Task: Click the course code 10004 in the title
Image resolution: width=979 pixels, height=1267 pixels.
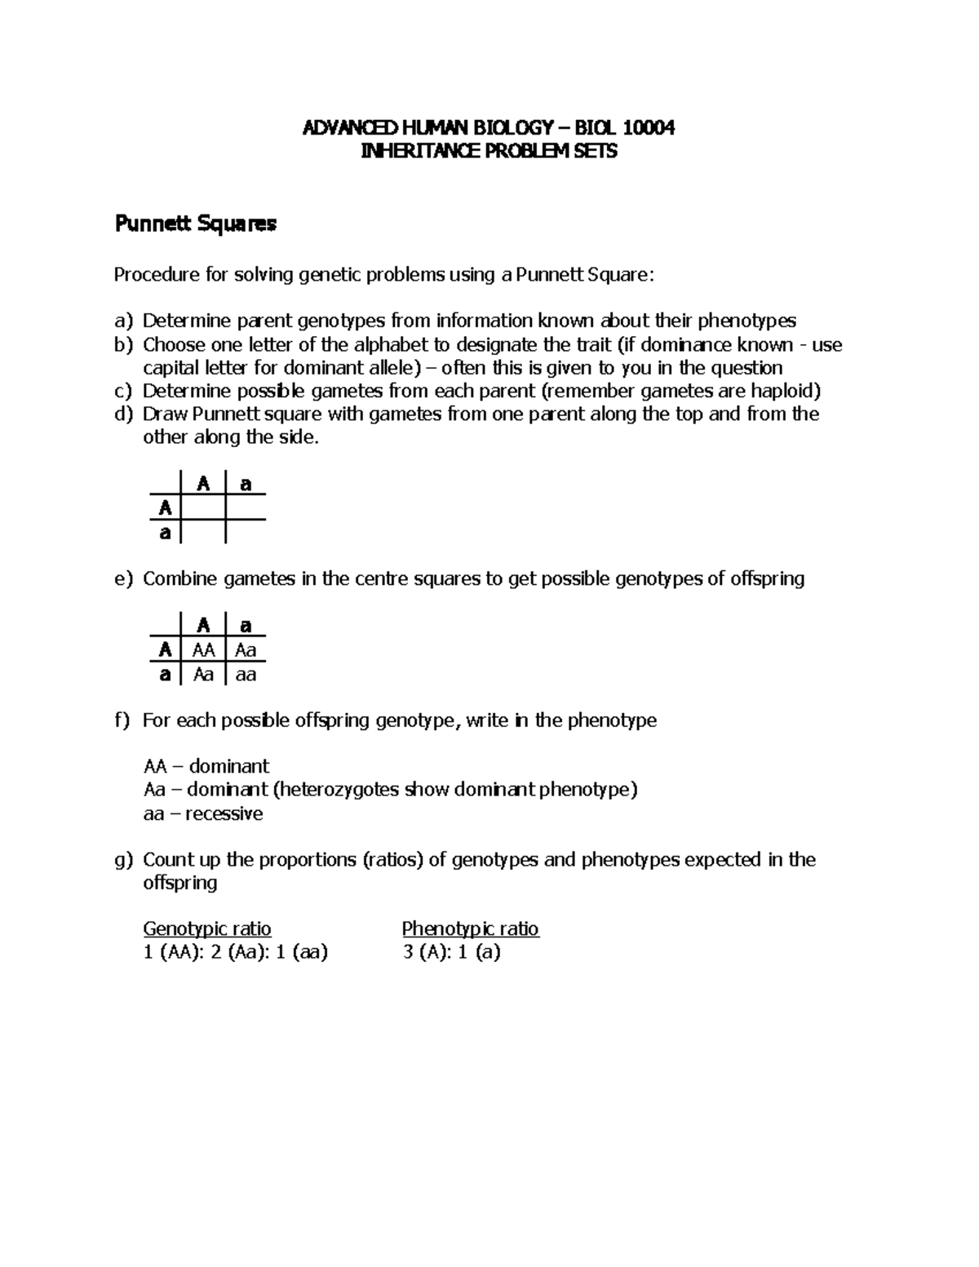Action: pos(649,127)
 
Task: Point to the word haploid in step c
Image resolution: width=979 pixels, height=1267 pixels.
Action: pos(782,390)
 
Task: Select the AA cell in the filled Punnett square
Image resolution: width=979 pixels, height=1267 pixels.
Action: pos(203,650)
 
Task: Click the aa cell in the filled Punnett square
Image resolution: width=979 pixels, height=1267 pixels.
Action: pos(246,675)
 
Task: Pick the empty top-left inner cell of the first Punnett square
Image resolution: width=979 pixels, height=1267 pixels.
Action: pos(203,508)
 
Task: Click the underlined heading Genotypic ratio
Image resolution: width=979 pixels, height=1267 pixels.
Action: pos(207,928)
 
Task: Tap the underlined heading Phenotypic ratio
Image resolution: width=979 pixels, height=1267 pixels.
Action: pos(470,928)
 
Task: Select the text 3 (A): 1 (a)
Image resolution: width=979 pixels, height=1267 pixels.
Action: pos(451,952)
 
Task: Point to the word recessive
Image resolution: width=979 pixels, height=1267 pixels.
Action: pos(224,813)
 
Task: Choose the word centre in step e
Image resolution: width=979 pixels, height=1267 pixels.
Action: pos(383,579)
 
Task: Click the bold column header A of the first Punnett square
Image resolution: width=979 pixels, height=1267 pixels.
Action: pos(203,485)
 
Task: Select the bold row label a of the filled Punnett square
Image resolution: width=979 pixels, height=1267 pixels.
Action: pos(166,675)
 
